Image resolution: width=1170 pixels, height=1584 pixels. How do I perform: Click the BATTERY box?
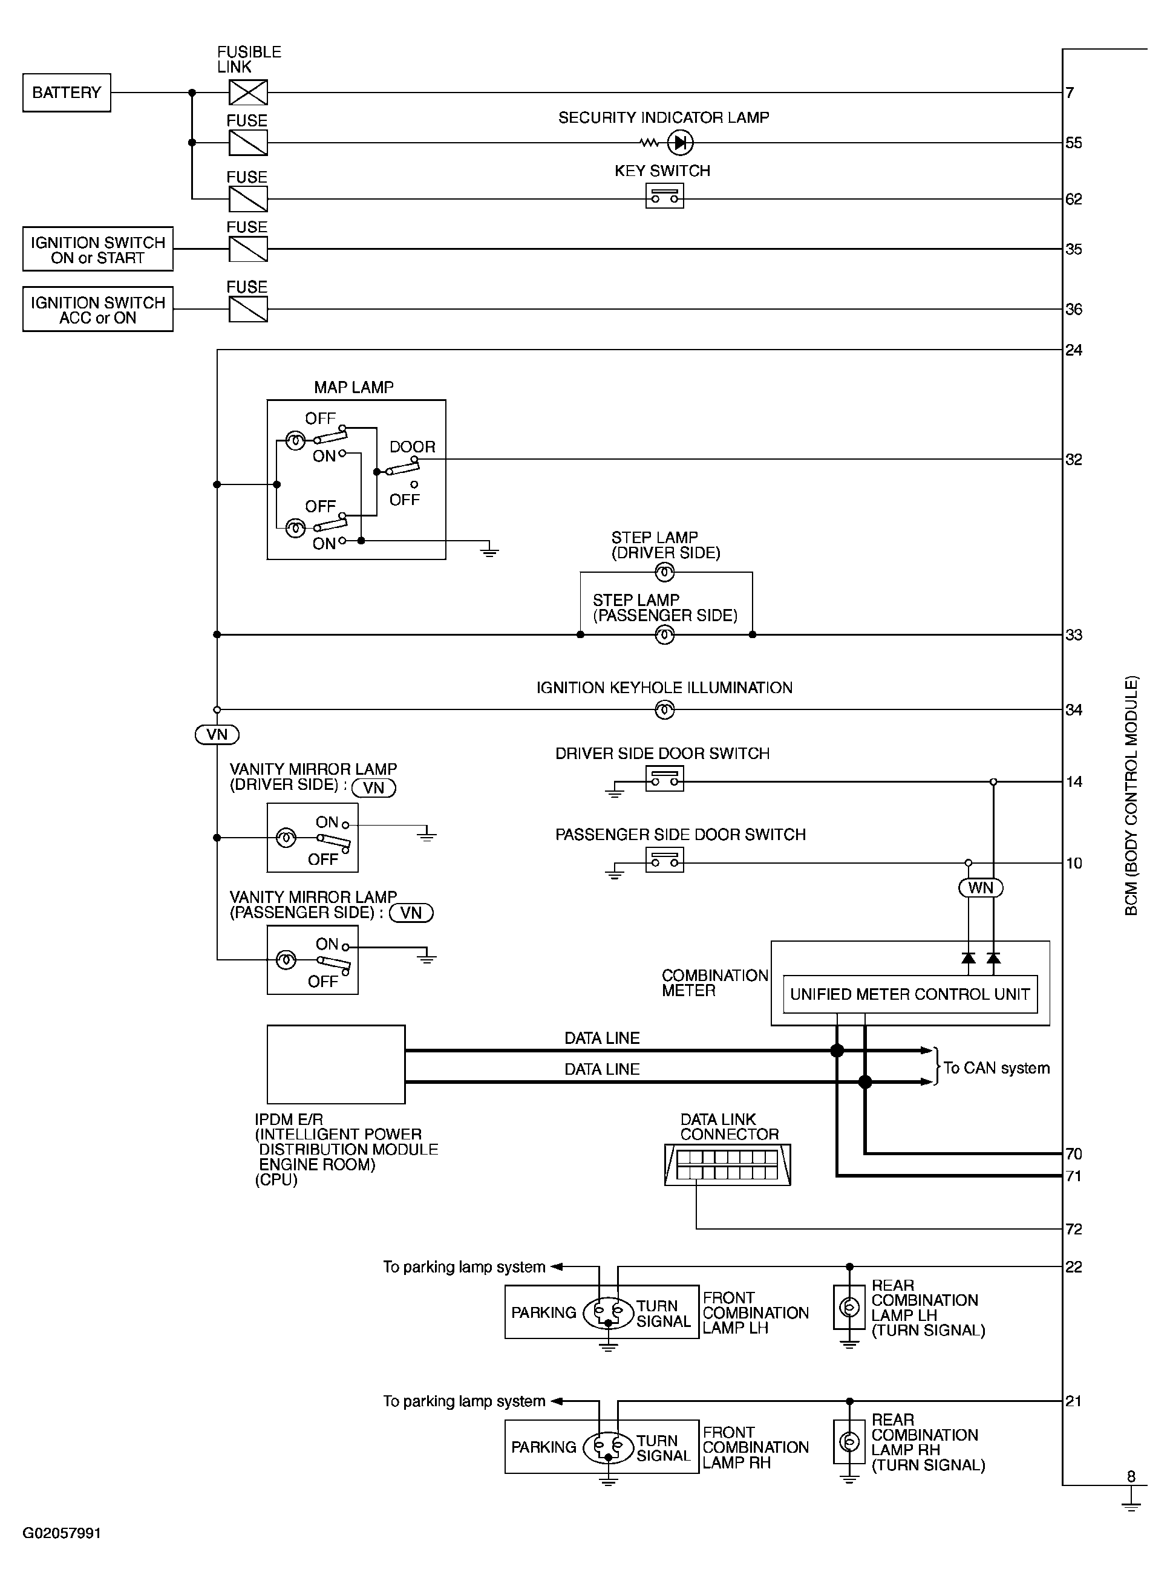tap(67, 93)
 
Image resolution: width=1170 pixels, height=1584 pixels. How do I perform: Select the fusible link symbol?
tap(248, 93)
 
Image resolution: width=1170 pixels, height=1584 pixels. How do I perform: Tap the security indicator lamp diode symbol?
tap(680, 143)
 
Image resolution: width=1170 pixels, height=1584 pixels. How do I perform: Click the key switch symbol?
tap(664, 196)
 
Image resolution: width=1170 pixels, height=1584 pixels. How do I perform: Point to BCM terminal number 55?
tap(1074, 143)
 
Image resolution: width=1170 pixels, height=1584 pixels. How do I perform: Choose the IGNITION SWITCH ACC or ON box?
tap(98, 310)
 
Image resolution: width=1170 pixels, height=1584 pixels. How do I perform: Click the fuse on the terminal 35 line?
tap(248, 249)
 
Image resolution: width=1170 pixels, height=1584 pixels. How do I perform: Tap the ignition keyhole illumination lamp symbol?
tap(664, 709)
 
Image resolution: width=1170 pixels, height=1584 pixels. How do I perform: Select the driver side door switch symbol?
tap(664, 779)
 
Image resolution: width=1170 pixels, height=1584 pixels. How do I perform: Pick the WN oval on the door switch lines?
tap(981, 888)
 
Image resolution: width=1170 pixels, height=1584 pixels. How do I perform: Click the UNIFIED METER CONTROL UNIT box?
tap(910, 994)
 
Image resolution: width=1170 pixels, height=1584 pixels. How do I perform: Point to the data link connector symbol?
tap(727, 1165)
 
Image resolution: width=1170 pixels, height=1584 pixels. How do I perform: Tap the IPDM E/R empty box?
tap(336, 1064)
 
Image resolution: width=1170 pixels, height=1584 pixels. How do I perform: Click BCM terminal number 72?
tap(1074, 1229)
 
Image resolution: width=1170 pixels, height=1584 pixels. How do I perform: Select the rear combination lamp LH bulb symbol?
tap(849, 1307)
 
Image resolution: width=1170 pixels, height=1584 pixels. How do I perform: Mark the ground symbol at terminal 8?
tap(1131, 1505)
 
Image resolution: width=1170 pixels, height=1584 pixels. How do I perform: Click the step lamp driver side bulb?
tap(664, 572)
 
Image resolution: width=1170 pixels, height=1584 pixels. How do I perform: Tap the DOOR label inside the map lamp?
tap(412, 447)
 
